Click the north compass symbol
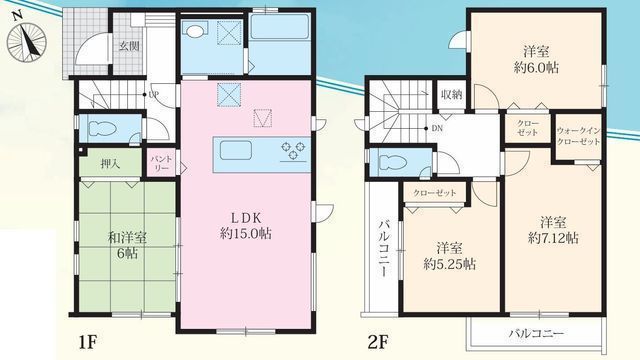pos(27,41)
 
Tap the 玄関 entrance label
pos(129,45)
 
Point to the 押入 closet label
pos(110,163)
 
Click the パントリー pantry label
pos(160,162)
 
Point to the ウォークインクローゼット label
pos(577,137)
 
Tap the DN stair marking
pos(437,127)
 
